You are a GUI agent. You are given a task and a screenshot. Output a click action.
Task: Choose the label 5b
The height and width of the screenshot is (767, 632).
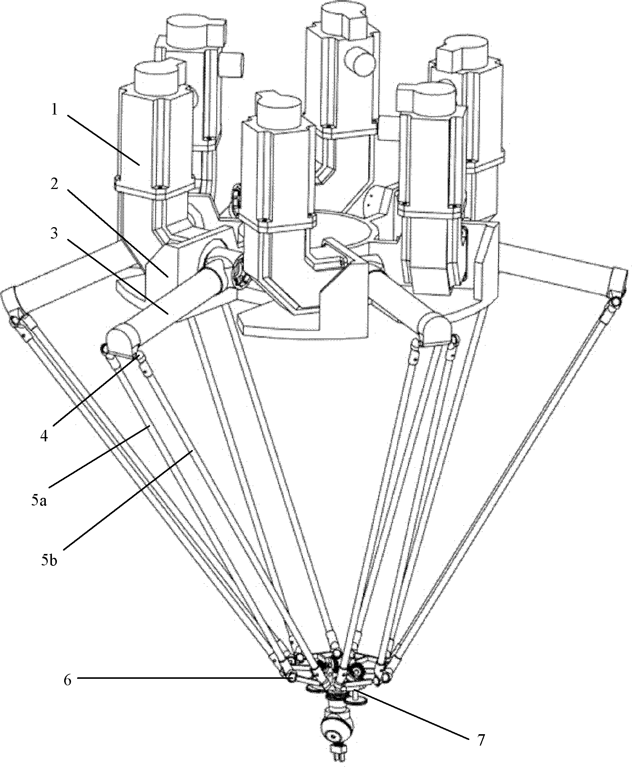[49, 562]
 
